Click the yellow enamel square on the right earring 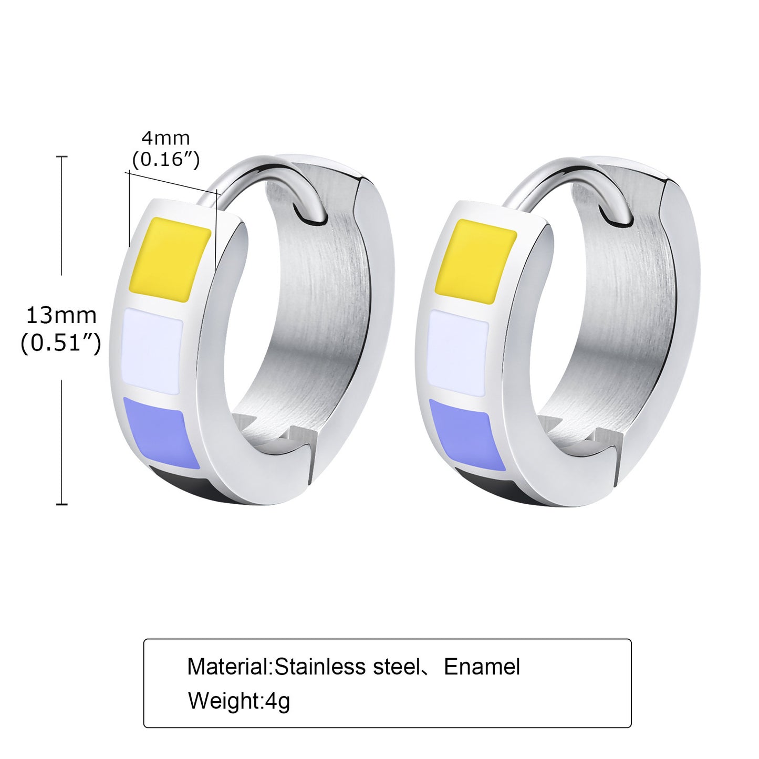(476, 262)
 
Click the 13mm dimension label (61, 316)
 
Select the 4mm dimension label (165, 138)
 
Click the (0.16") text (165, 159)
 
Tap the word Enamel (482, 667)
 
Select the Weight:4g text (239, 701)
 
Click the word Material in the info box (228, 667)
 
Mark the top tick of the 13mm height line (62, 157)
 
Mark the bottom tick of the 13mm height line (62, 504)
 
